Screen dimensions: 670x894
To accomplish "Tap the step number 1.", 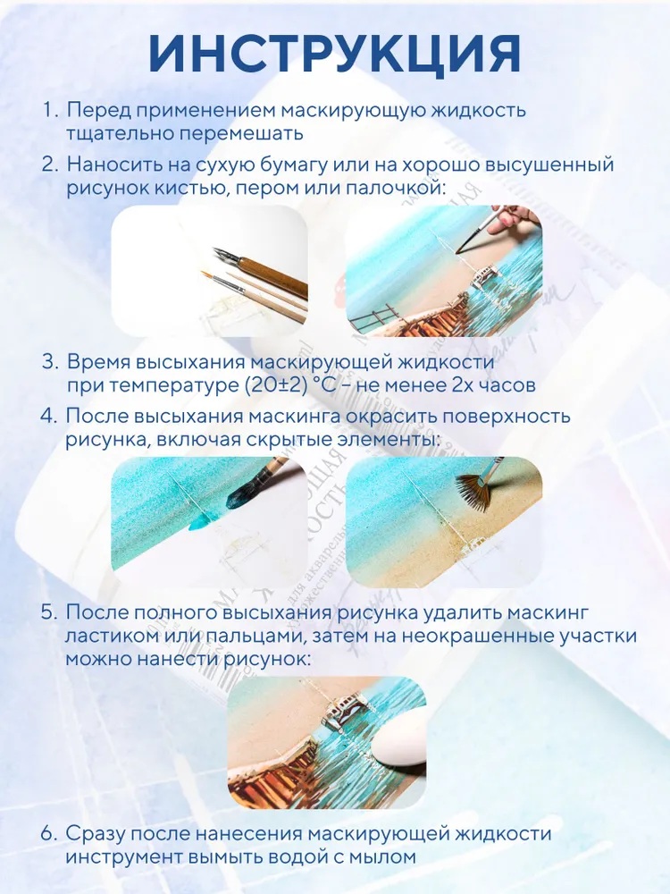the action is [x=48, y=110].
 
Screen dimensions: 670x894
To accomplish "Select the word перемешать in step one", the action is [x=242, y=134].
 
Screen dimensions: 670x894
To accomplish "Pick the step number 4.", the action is [x=49, y=416].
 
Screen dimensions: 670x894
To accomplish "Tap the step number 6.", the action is [x=49, y=833].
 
